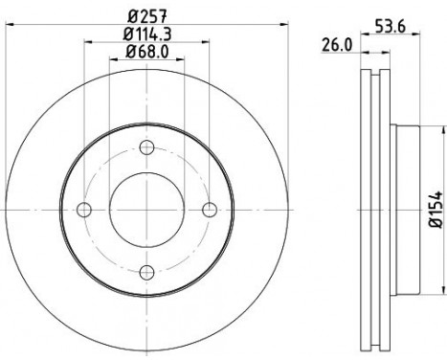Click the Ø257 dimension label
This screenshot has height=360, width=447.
[x=147, y=16]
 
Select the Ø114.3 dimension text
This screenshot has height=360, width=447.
[x=147, y=34]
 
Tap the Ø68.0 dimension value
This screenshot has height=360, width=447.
[x=147, y=52]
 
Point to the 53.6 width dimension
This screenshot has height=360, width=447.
[x=390, y=26]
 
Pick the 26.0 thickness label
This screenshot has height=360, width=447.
[x=337, y=45]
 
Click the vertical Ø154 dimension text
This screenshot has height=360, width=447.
[x=436, y=210]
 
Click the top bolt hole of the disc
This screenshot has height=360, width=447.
[x=146, y=147]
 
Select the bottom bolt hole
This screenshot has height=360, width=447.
[x=146, y=272]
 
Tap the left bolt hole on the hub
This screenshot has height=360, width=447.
[x=84, y=210]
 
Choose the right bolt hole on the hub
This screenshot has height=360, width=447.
[x=210, y=210]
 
